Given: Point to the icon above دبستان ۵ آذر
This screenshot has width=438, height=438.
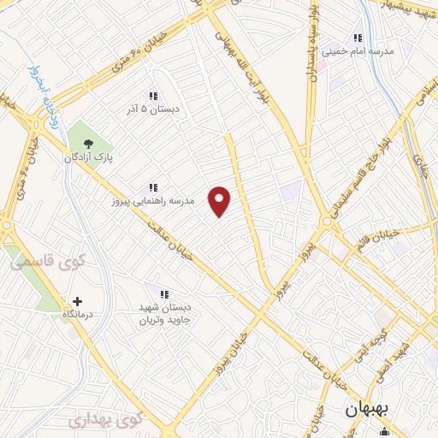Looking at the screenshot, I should (x=153, y=98).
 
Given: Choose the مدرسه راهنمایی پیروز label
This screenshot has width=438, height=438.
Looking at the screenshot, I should (x=153, y=201).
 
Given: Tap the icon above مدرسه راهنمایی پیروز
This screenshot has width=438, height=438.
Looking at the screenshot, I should (x=153, y=187).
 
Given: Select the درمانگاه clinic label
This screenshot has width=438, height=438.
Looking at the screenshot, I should (x=78, y=316).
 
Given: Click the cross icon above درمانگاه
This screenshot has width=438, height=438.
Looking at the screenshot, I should (x=78, y=302).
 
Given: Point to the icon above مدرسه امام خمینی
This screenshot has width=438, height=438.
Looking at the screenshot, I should (x=357, y=38).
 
